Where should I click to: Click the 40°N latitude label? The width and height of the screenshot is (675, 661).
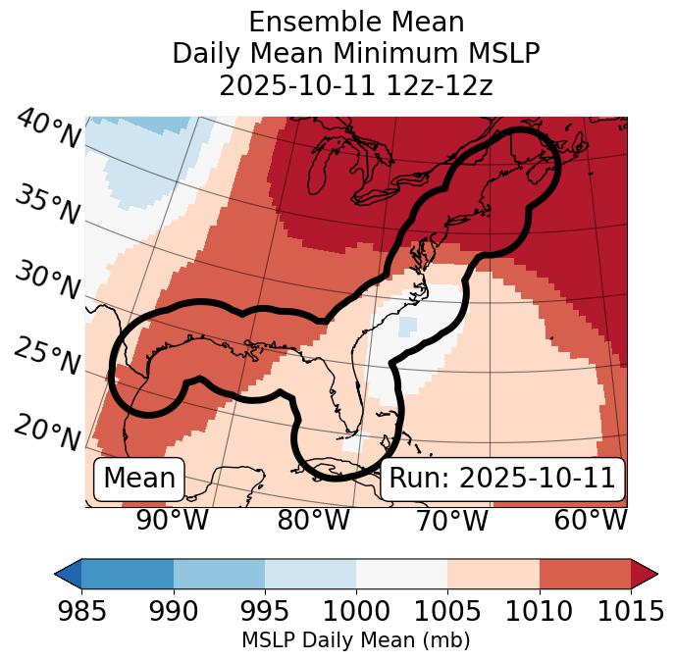click(x=48, y=129)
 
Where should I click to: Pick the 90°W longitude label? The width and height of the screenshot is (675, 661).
click(x=173, y=521)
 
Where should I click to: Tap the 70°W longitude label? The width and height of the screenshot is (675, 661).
click(x=451, y=521)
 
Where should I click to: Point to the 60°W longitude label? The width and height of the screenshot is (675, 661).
click(x=591, y=521)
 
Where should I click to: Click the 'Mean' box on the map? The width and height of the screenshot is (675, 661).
click(x=139, y=479)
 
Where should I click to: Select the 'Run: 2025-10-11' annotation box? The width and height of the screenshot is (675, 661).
click(x=502, y=479)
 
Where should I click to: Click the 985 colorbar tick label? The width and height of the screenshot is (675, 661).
click(x=81, y=612)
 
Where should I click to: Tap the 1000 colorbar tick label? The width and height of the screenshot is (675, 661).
click(x=355, y=612)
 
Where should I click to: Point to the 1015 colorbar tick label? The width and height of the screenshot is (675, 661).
click(x=631, y=612)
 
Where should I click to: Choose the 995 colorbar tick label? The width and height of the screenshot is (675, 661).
click(x=264, y=612)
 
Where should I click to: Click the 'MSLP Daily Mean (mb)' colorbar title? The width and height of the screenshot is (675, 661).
click(x=355, y=640)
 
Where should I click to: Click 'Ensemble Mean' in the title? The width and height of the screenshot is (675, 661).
click(x=356, y=23)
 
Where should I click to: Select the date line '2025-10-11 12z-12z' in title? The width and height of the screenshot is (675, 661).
click(x=356, y=85)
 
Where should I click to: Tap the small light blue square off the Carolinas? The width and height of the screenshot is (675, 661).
click(x=408, y=325)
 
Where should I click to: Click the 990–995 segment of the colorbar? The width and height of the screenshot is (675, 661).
click(x=219, y=573)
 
